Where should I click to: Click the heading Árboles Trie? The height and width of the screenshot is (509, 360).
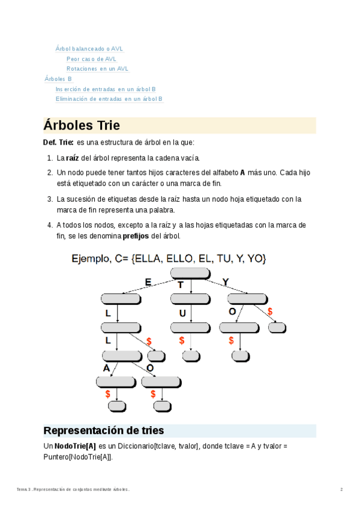point(82,125)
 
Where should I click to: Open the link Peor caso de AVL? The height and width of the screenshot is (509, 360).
point(91,59)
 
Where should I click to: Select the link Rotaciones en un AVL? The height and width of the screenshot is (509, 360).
point(97,68)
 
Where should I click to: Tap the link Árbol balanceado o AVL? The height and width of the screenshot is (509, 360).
point(89,49)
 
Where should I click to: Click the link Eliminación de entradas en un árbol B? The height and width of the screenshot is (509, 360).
point(109,98)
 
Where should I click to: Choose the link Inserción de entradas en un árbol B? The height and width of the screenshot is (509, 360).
point(106,89)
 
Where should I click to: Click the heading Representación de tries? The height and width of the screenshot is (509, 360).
point(104,430)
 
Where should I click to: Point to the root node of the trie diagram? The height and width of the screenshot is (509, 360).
point(190,274)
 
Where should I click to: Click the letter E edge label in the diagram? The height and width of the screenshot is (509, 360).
point(148,282)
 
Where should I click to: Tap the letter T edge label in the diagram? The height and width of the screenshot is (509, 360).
point(180,285)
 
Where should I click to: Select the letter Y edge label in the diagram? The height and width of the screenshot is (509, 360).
point(225,282)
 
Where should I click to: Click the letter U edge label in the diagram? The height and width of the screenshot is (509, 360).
point(182,313)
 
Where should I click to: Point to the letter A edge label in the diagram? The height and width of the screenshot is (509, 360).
point(106,368)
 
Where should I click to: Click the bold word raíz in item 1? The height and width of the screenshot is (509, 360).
point(72,158)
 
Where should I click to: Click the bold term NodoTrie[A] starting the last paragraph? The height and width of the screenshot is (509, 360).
point(75,446)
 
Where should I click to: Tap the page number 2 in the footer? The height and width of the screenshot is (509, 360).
point(341,490)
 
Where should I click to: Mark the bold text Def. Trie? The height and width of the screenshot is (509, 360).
point(58,142)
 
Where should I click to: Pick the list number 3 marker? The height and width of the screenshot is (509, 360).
point(50,198)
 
